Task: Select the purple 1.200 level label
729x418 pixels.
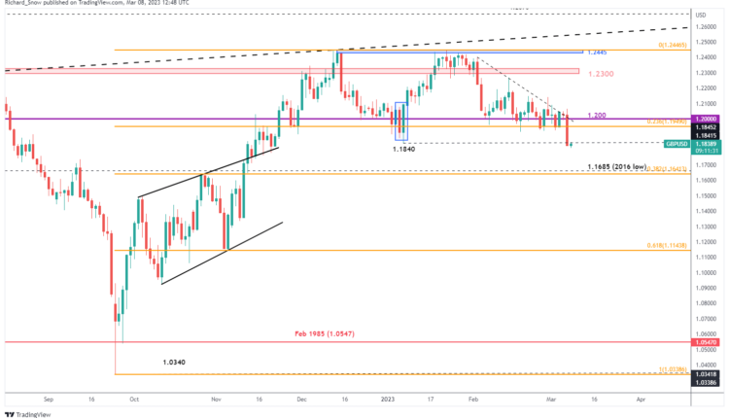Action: [599, 115]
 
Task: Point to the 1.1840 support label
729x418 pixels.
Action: [405, 148]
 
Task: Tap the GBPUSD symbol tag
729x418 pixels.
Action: [677, 143]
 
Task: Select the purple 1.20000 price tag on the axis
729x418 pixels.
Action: [707, 119]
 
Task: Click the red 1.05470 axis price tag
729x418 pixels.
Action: [707, 342]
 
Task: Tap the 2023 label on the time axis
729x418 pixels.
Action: [387, 399]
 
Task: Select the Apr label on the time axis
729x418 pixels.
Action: [641, 399]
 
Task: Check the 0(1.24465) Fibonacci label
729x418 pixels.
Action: [669, 45]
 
